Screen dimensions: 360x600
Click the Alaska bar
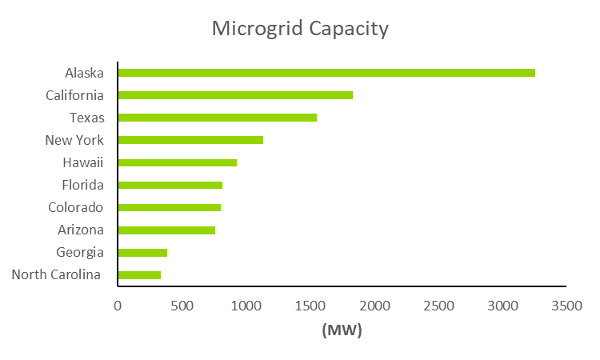[x=326, y=73]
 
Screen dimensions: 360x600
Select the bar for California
[x=235, y=95]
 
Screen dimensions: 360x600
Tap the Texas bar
[x=217, y=118]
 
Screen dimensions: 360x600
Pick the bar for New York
[x=190, y=140]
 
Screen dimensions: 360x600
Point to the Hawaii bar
[x=177, y=162]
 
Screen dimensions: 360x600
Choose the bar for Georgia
[x=142, y=253]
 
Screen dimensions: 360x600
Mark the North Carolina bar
[x=139, y=275]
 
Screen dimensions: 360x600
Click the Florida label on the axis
[x=82, y=185]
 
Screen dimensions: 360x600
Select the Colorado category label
[x=76, y=207]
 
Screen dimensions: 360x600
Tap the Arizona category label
[x=80, y=230]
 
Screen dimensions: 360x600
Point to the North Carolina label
[x=56, y=275]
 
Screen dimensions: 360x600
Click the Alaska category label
[x=85, y=73]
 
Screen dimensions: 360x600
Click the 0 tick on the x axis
[x=118, y=305]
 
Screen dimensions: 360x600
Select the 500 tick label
[x=182, y=305]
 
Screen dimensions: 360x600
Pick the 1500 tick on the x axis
[x=310, y=305]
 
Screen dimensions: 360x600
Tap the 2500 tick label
[x=438, y=305]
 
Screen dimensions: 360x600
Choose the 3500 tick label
[x=567, y=305]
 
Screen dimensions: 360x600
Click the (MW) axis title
[x=342, y=330]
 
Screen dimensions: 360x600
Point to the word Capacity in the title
[x=349, y=30]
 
